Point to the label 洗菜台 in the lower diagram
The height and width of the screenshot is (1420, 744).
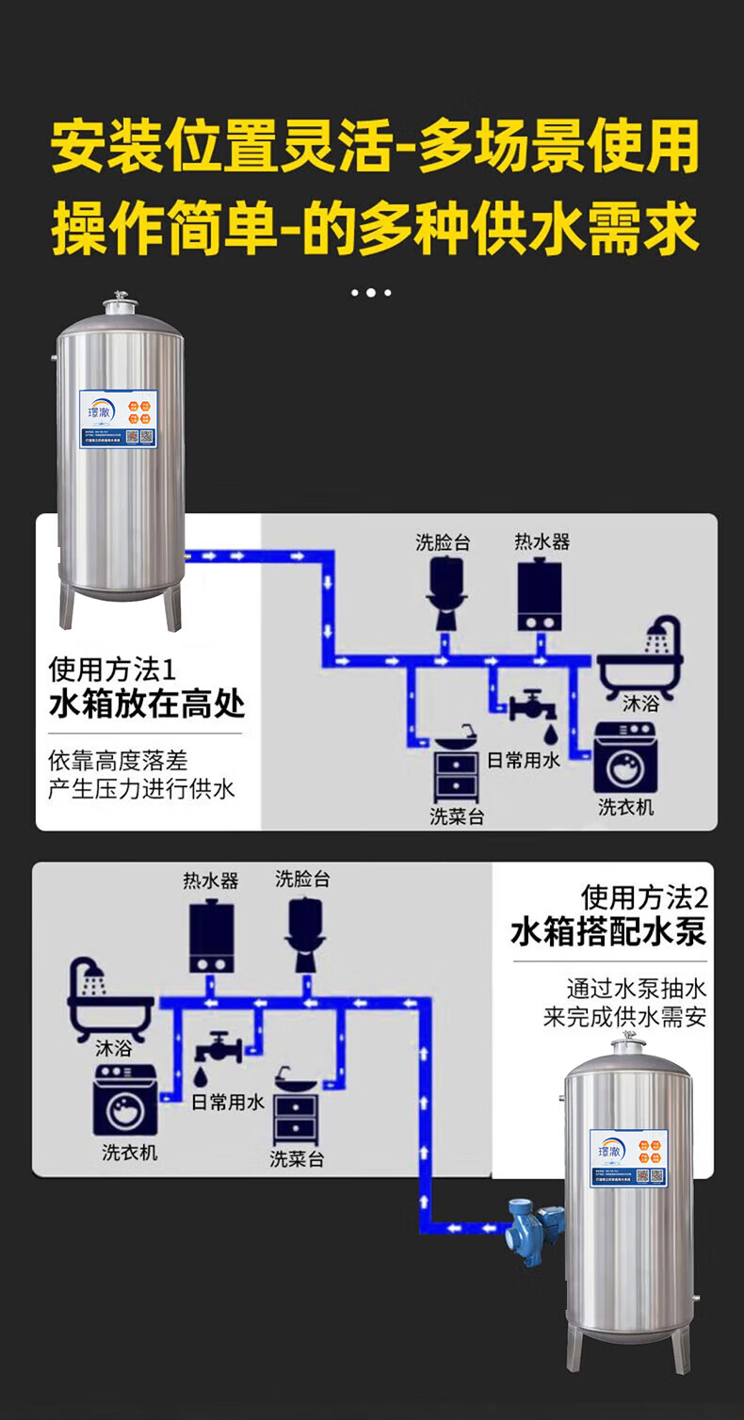point(297,1158)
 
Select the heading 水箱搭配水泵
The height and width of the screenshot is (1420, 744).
point(608,932)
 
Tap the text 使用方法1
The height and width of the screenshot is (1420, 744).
point(112,670)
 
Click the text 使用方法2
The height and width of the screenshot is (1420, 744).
point(644,896)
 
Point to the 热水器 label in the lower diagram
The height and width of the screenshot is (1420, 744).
point(211,880)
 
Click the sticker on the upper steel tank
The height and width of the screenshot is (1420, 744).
point(117,419)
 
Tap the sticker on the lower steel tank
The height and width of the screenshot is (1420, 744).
point(628,1157)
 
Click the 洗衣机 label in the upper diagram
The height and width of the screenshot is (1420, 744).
point(625,807)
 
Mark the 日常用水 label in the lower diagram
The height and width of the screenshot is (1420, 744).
point(228,1102)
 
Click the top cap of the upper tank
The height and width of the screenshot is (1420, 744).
point(119,304)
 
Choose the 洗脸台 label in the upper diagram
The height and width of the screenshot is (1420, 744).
point(443,542)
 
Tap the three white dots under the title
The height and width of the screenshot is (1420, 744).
point(371,293)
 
